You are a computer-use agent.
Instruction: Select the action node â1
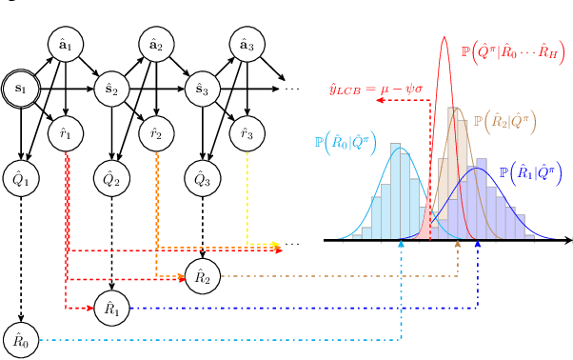[x=66, y=45]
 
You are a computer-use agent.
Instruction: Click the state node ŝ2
[x=111, y=90]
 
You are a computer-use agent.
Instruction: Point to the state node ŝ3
[x=202, y=90]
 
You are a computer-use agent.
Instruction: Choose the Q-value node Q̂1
[x=21, y=179]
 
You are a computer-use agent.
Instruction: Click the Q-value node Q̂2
[x=111, y=179]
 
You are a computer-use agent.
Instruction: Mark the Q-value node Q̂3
[x=202, y=179]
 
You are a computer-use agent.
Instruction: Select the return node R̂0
[x=21, y=339]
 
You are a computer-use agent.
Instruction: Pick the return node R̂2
[x=202, y=276]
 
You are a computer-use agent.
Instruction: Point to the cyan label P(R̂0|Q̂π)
[x=345, y=144]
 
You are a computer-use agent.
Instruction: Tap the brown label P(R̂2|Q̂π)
[x=504, y=122]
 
